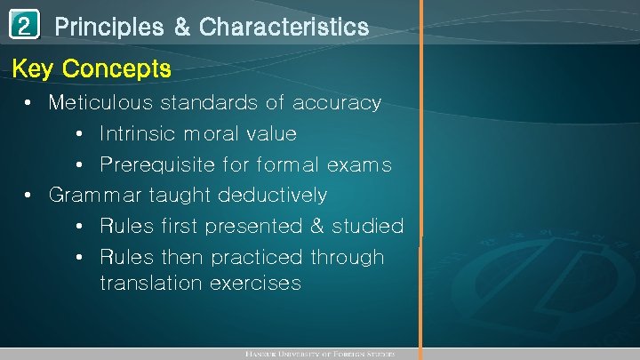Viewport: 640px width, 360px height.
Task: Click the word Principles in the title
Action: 108,28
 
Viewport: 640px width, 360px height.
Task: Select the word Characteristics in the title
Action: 284,28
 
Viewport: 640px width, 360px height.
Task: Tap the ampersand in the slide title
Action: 181,28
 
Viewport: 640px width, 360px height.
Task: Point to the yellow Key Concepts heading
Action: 91,68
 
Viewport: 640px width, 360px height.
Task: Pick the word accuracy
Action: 337,102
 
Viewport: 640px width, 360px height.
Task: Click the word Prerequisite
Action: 157,165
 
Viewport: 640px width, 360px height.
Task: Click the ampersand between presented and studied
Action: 316,226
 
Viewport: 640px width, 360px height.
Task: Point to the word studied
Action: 368,226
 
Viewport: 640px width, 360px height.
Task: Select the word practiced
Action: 260,257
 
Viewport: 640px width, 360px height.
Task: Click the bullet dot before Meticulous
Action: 29,103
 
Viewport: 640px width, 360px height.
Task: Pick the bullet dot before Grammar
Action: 29,196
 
